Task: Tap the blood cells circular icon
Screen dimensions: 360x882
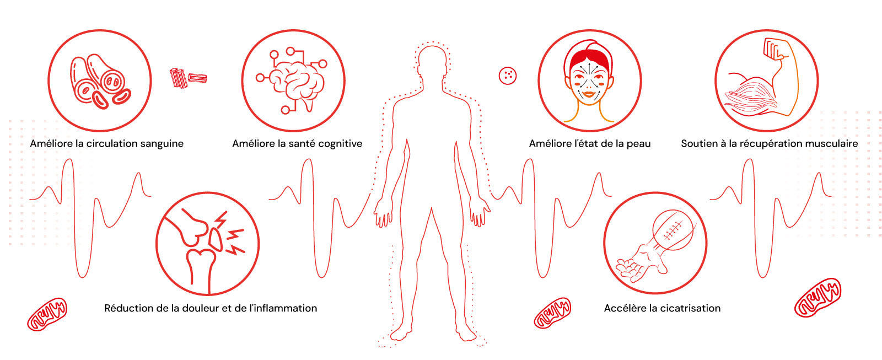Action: (100, 80)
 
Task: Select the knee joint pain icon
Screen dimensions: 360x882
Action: (207, 244)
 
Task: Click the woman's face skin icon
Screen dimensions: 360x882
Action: (589, 80)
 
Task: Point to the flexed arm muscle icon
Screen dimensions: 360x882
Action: (766, 80)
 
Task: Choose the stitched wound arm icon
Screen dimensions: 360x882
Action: (655, 243)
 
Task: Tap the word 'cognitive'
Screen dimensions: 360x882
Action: (341, 144)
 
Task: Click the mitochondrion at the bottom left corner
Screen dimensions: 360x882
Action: (47, 314)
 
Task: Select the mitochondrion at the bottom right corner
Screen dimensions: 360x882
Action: (817, 298)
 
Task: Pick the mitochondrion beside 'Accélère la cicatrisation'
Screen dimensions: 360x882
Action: (552, 313)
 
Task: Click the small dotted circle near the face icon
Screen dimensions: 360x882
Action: (507, 76)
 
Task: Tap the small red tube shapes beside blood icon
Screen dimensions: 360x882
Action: (188, 78)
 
